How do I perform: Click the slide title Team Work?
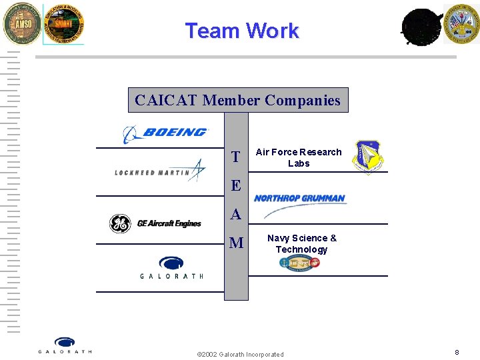(x=242, y=31)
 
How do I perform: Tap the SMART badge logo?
(x=63, y=24)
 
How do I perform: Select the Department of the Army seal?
(x=461, y=23)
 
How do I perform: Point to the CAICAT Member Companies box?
(x=237, y=100)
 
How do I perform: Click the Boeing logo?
(x=166, y=133)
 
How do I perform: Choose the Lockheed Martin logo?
(x=161, y=171)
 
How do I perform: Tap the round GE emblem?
(x=120, y=224)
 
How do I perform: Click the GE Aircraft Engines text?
(x=169, y=224)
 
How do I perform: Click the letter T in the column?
(x=235, y=157)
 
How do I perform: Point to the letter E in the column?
(x=235, y=185)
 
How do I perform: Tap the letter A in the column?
(x=235, y=214)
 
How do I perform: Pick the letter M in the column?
(x=236, y=243)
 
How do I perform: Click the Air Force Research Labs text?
(x=299, y=157)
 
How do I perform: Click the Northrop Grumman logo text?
(x=299, y=198)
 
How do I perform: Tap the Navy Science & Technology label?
(x=301, y=243)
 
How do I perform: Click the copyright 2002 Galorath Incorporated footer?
(x=241, y=354)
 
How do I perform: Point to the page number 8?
(x=457, y=352)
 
